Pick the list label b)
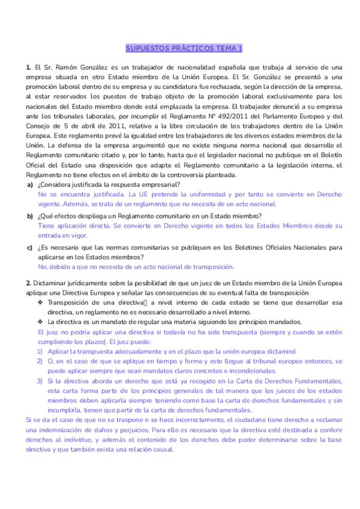(x=29, y=215)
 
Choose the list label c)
(x=29, y=247)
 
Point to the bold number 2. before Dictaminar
(x=29, y=283)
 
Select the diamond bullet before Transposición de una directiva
(x=40, y=303)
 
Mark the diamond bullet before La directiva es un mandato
(x=40, y=322)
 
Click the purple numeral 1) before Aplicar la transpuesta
(x=40, y=351)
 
